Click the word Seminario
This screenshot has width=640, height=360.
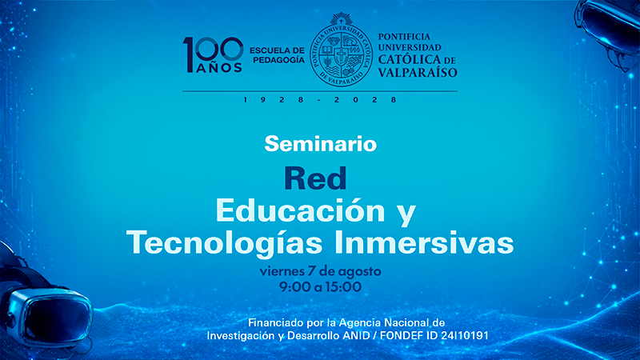(x=321, y=144)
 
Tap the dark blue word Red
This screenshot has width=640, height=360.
(x=315, y=178)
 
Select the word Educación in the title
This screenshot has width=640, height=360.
(x=301, y=210)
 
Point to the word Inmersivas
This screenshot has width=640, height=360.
(x=424, y=242)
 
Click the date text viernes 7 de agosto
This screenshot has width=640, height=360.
(x=321, y=271)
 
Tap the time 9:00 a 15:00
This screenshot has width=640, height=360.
(x=321, y=287)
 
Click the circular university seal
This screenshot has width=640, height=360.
(x=342, y=50)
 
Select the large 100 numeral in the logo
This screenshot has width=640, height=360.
(x=213, y=50)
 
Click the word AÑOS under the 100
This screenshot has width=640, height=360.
(x=219, y=68)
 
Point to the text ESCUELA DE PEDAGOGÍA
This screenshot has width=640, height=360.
(x=277, y=55)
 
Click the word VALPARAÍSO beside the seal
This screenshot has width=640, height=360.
(x=418, y=73)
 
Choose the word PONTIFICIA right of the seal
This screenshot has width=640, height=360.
(x=404, y=37)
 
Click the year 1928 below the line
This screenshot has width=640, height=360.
(x=273, y=99)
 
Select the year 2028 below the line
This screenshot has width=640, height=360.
(x=366, y=99)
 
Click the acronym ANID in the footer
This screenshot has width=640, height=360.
(x=356, y=336)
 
